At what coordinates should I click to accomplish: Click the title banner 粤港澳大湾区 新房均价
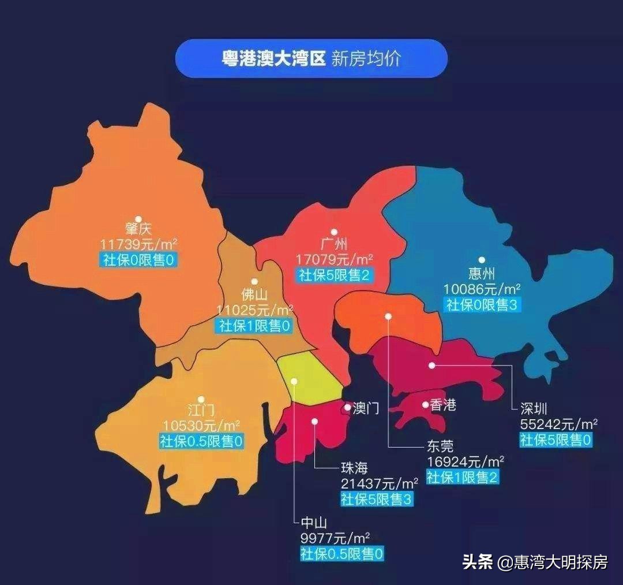311,58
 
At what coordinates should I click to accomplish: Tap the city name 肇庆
138,230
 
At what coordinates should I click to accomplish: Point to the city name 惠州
482,273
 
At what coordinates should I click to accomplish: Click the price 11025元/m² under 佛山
254,310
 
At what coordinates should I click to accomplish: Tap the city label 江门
201,411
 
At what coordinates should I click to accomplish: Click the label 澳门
365,409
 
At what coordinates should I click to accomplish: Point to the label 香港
443,405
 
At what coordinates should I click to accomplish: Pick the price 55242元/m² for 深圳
558,424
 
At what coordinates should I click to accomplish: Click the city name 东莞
440,446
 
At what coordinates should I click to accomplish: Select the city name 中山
314,523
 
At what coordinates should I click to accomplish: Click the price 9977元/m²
335,539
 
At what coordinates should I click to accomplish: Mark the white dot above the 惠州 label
482,260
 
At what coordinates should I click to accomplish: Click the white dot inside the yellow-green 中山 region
294,381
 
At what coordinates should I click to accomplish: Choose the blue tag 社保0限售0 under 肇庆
138,260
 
